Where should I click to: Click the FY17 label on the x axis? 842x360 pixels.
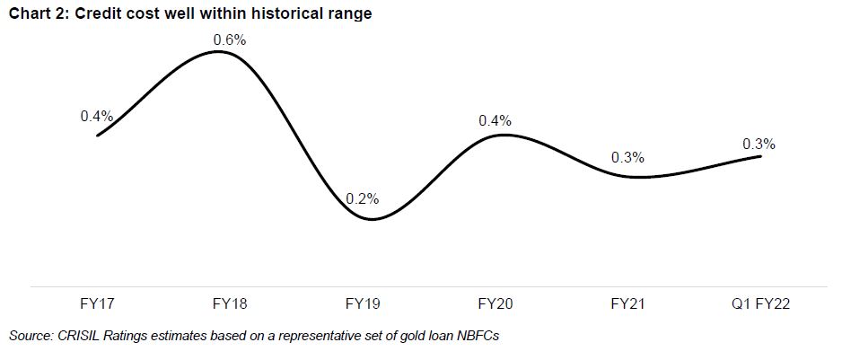point(97,304)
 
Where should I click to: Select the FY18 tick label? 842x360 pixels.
point(230,304)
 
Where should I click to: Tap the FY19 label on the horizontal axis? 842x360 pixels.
point(363,304)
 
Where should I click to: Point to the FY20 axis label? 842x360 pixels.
point(496,304)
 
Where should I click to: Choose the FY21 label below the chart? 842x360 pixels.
point(627,304)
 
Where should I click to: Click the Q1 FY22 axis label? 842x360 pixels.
point(759,304)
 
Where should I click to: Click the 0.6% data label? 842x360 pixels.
point(229,40)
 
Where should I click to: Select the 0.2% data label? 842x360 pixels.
point(363,198)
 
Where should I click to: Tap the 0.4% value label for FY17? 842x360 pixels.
point(97,116)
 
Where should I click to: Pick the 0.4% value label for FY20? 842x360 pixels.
point(496,120)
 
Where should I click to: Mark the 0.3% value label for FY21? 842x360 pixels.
point(627,157)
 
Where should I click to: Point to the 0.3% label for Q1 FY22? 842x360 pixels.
point(759,144)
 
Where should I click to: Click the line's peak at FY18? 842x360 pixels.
point(220,52)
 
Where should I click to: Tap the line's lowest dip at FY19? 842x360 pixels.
point(371,219)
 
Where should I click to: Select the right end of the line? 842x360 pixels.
point(761,156)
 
